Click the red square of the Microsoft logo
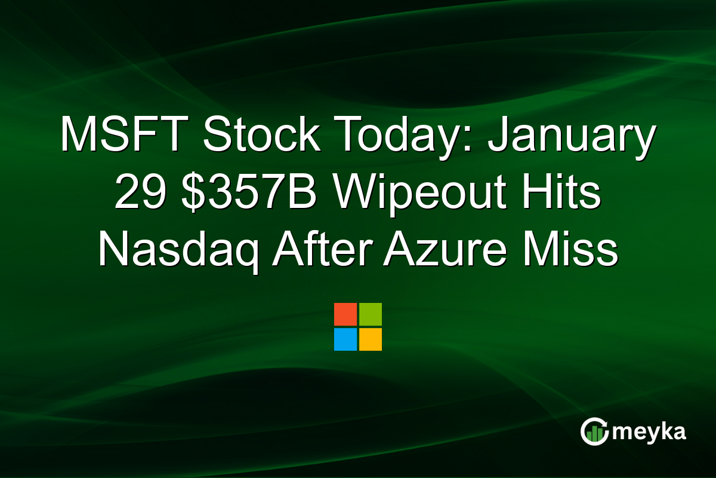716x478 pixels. [345, 314]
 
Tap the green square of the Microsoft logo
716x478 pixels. [371, 314]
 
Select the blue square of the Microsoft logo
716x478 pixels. [345, 339]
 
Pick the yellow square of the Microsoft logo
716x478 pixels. [371, 339]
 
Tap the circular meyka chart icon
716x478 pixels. [594, 432]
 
